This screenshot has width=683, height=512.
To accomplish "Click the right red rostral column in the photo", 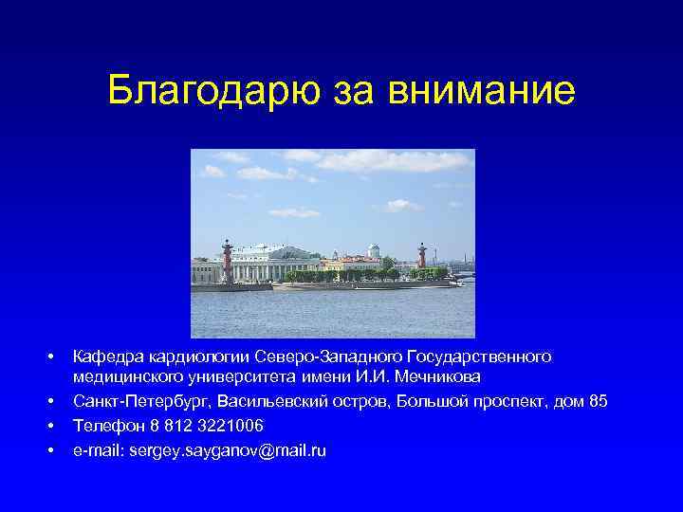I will (x=421, y=259).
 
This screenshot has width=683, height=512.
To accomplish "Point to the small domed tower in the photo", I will (x=374, y=251).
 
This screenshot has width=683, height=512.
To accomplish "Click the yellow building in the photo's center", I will (x=345, y=263).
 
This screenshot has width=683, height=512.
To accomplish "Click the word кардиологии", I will (x=195, y=357).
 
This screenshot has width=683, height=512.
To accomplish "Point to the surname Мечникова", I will (x=440, y=378).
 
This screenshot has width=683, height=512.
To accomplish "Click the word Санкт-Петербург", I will (x=139, y=401).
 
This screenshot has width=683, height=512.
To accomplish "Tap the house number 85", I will (x=598, y=401).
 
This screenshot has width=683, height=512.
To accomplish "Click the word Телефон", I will (x=106, y=425).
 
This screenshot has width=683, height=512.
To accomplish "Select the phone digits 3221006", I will (x=231, y=425).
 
